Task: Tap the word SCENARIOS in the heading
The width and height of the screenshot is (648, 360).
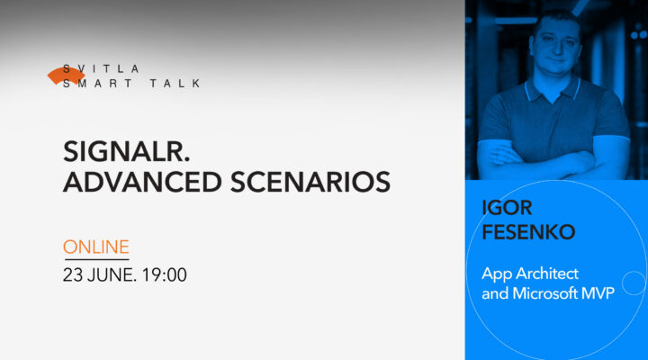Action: coord(312,182)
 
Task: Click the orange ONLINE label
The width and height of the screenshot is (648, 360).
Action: coord(96,246)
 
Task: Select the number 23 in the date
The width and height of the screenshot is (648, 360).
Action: coord(73,274)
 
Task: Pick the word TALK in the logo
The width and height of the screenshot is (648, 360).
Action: coord(176,84)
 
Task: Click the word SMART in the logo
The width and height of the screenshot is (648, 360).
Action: coord(103,84)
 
